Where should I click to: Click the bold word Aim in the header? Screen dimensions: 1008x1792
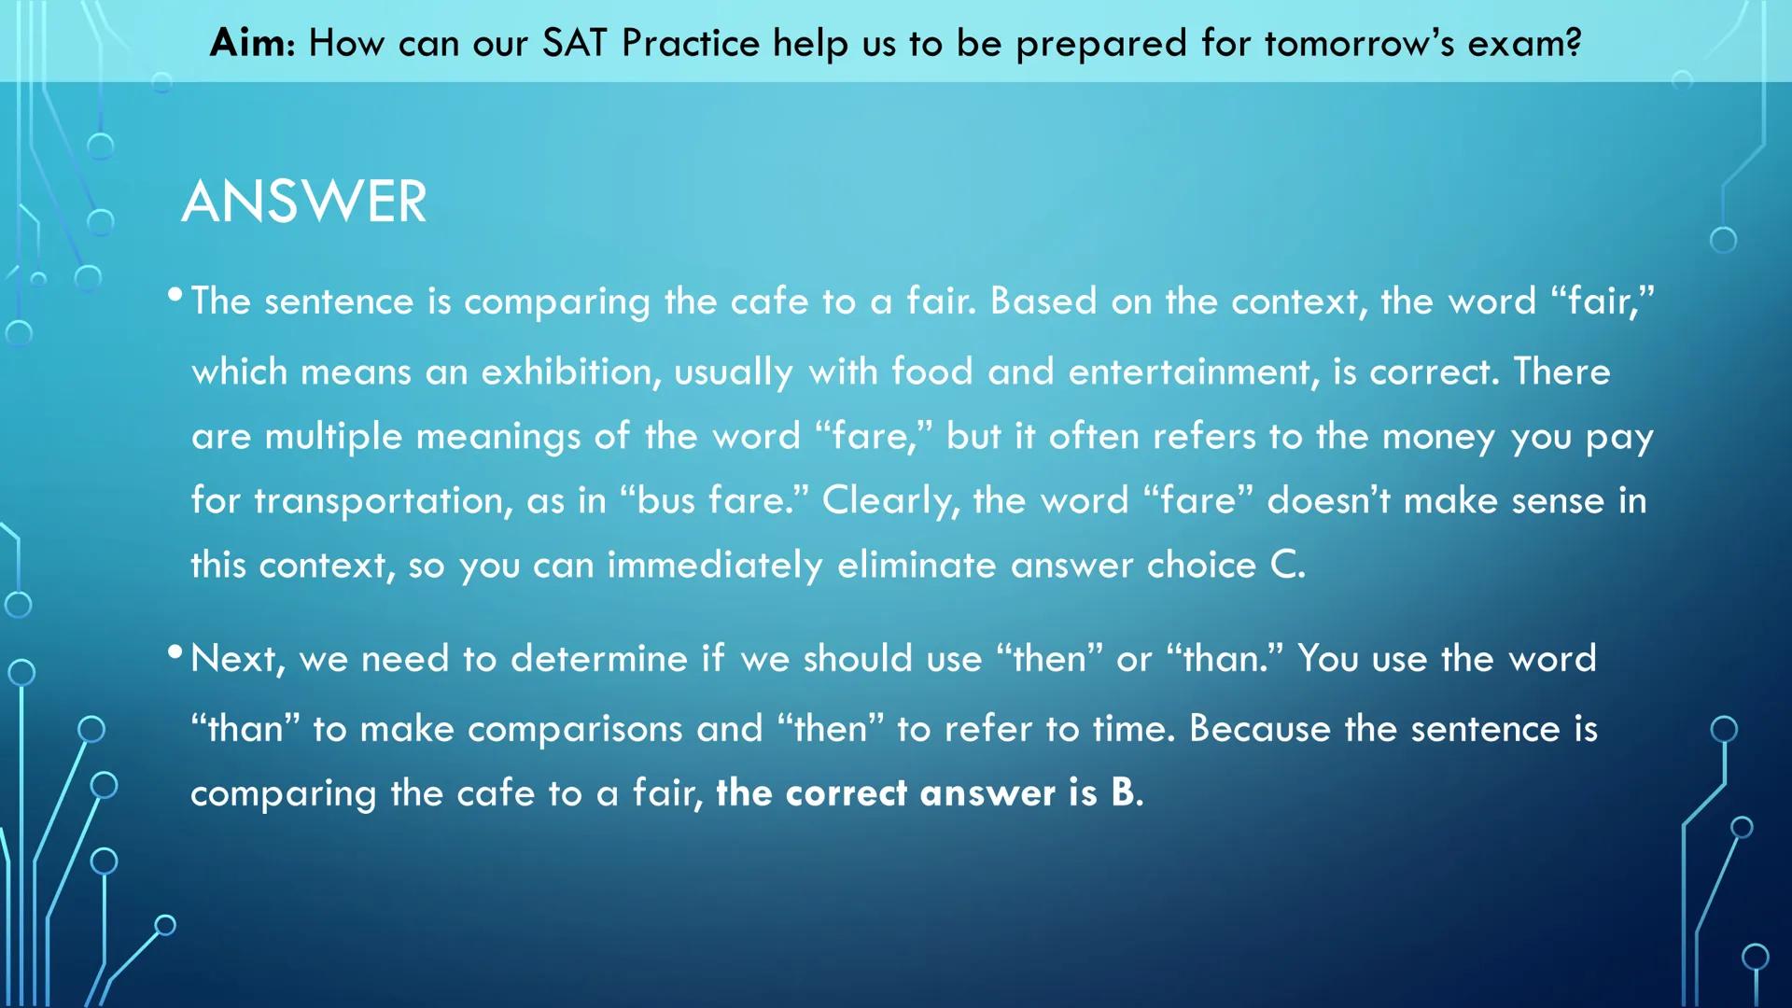coord(248,43)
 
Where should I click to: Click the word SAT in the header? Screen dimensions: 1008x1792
coord(574,43)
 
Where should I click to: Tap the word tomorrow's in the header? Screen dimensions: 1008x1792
coord(1359,43)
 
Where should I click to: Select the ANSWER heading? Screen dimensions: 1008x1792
coord(304,202)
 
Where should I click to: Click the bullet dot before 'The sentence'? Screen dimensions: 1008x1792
coord(175,296)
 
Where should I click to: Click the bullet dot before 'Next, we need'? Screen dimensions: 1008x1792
coord(175,652)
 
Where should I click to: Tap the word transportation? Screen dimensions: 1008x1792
coord(383,501)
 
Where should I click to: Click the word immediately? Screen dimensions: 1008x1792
coord(715,566)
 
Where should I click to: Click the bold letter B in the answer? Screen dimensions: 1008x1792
coord(1123,792)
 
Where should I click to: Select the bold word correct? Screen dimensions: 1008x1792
coord(846,793)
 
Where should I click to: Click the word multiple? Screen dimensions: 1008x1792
coord(333,437)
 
